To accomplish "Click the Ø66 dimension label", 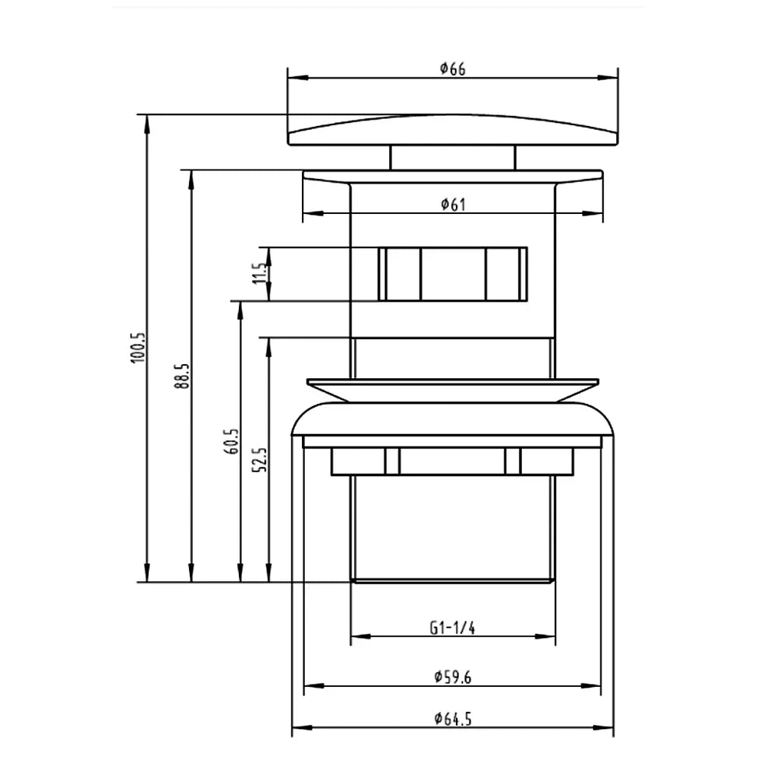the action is (x=453, y=68).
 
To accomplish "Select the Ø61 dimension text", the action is (x=453, y=204).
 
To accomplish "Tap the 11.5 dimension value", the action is (x=260, y=273).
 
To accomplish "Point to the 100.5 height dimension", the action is (x=138, y=348).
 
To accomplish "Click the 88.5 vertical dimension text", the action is (x=182, y=376).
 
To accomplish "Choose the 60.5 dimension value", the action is (x=232, y=442).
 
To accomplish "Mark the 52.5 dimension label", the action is (x=260, y=460).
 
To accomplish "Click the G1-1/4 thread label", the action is (x=452, y=628).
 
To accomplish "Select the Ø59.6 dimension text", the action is (x=453, y=677).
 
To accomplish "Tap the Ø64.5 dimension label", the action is (x=453, y=718).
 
